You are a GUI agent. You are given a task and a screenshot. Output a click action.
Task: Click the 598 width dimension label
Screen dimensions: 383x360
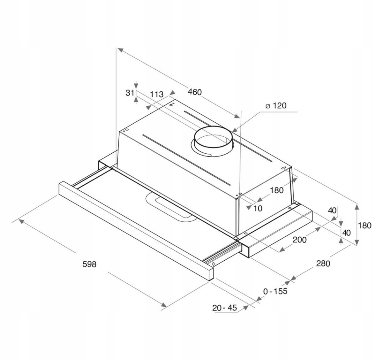point(89,264)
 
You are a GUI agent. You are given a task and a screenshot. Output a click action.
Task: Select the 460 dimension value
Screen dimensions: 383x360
point(195,92)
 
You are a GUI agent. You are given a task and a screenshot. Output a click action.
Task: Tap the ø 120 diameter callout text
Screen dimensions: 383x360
point(276,106)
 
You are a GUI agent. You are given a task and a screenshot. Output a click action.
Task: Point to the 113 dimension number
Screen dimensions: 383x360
point(157,94)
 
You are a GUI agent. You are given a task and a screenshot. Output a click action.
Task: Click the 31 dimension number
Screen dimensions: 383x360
point(130,93)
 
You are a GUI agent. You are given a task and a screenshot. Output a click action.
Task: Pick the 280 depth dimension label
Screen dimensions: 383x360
point(323,263)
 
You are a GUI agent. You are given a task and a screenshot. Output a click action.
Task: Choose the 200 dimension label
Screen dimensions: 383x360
point(299,240)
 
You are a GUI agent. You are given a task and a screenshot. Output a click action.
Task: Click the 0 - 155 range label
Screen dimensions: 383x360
point(275,291)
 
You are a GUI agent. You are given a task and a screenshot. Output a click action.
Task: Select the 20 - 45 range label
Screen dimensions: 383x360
point(224,308)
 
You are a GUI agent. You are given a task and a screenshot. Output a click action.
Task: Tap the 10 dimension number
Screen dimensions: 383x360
point(258,209)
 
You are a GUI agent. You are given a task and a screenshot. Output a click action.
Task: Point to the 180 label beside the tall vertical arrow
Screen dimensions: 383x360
point(364,226)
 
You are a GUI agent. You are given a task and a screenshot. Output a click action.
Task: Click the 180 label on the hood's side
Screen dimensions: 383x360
point(276,190)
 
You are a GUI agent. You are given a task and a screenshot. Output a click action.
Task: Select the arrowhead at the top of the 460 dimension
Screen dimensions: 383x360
point(121,50)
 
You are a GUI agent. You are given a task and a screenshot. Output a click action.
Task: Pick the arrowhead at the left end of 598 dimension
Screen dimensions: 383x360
point(21,221)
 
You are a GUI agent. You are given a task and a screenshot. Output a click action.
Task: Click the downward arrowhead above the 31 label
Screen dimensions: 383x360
point(136,85)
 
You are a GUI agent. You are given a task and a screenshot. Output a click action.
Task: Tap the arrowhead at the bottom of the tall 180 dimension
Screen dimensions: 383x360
point(357,242)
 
